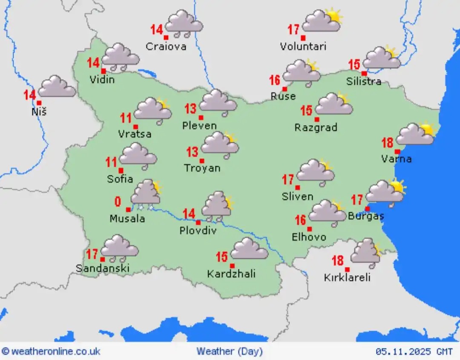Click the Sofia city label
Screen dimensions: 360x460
coord(120,179)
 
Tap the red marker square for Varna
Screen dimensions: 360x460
coord(397,151)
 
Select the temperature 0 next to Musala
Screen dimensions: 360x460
coord(118,202)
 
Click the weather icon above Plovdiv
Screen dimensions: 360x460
coord(217,207)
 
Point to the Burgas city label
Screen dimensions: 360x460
coord(366,216)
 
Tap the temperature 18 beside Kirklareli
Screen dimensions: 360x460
coord(338,260)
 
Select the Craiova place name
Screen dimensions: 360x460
coord(166,46)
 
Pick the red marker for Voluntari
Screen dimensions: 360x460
coord(303,38)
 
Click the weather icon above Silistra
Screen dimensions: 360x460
coord(382,58)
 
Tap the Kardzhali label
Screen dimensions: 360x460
coord(231,274)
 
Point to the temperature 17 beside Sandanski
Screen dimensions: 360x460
coord(92,254)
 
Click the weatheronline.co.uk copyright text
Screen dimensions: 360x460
coord(52,351)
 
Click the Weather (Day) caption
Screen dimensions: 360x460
coord(230,351)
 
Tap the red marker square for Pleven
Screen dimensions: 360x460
coord(201,118)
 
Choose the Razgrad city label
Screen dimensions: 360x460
coord(316,127)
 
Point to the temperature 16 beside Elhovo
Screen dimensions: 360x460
coord(301,220)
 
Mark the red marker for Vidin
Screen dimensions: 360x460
coord(103,71)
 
